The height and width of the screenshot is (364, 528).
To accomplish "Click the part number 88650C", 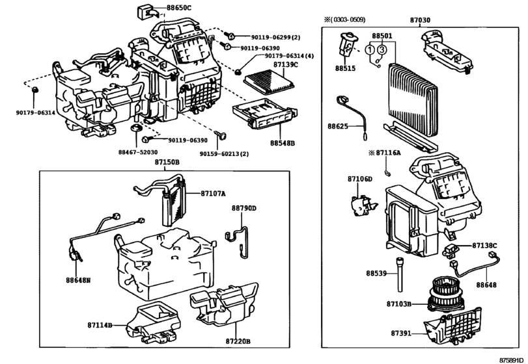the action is point(178,7).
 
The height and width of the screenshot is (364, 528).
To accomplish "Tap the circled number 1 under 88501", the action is point(370,50).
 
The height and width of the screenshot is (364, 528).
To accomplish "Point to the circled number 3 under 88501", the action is point(382,50).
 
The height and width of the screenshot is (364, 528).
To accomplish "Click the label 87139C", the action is point(286,64).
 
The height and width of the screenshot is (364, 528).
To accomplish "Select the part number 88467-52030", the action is point(138,152).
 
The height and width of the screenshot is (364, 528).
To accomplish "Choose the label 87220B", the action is point(238,341).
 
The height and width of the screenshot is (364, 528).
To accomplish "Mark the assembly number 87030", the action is point(420,20).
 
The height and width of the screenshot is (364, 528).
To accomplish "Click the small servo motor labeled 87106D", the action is point(363,205).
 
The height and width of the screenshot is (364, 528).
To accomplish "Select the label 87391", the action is point(400,333).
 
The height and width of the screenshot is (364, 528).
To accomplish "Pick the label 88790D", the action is point(243,209).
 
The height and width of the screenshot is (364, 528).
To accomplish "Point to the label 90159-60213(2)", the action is point(224,153).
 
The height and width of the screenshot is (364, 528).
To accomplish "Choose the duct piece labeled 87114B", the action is point(153,322).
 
